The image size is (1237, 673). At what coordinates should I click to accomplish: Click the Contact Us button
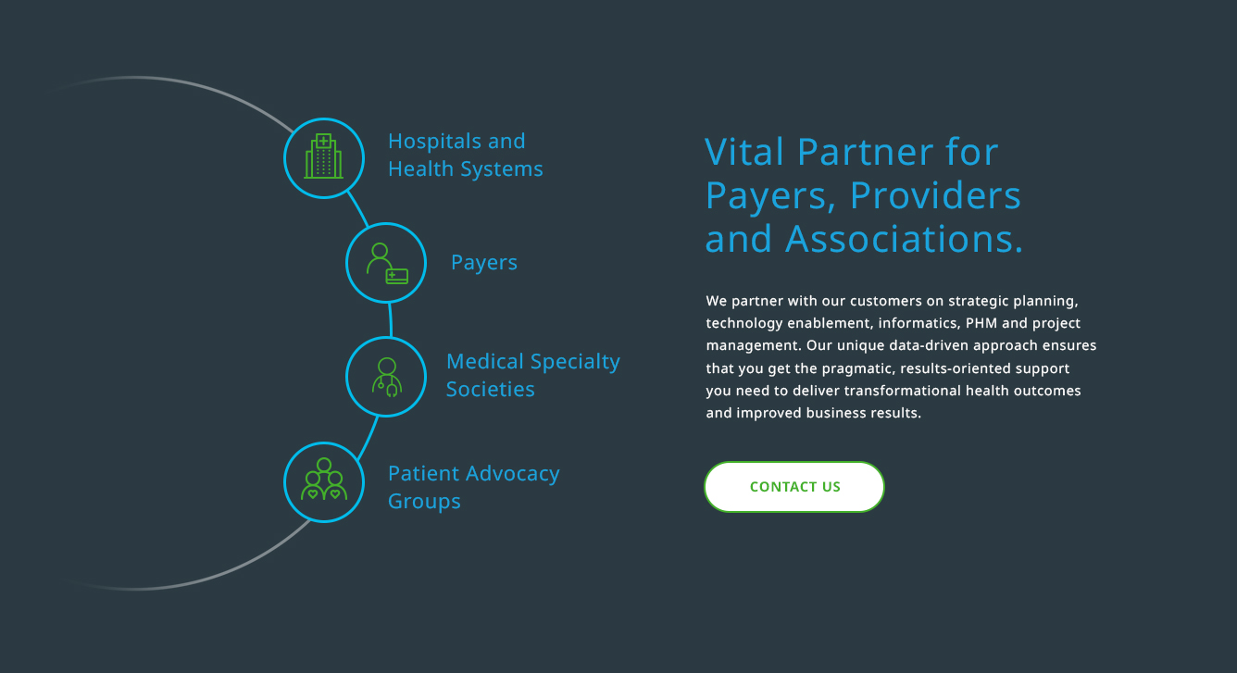[x=794, y=486]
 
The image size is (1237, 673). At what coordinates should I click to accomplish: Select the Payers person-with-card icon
[x=387, y=263]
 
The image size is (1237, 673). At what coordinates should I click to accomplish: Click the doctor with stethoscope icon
[x=387, y=377]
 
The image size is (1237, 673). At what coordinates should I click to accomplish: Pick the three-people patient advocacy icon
[x=324, y=479]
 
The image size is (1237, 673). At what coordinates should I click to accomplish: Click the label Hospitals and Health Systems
[x=465, y=155]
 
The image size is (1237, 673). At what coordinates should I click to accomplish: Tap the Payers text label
[x=483, y=262]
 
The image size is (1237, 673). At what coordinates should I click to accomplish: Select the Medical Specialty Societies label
[x=533, y=375]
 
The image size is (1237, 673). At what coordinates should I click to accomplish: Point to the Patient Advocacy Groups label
[x=473, y=487]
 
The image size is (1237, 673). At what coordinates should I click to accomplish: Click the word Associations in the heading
[x=904, y=239]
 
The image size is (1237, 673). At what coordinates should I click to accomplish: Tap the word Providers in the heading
[x=935, y=195]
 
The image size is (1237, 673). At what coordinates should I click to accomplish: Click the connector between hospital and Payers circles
[x=357, y=208]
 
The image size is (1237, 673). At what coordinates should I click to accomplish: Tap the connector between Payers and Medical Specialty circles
[x=391, y=319]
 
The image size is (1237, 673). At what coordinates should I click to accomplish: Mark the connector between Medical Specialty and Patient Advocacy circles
[x=368, y=438]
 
